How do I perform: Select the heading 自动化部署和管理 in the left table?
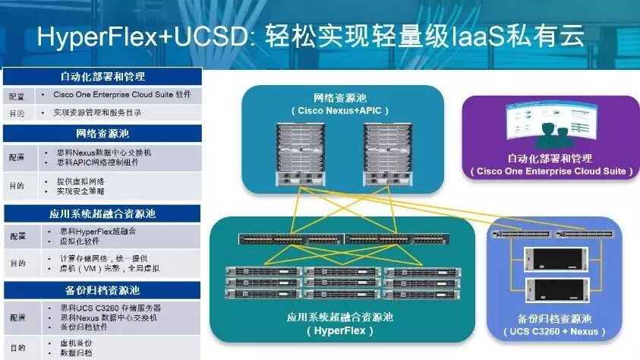tap(102, 77)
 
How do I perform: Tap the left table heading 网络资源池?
tap(102, 134)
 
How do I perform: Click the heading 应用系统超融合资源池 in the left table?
tap(102, 213)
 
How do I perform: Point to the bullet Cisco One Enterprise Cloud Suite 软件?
tap(121, 96)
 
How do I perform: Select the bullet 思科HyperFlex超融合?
tap(96, 231)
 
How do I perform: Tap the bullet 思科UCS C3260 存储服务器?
tap(109, 308)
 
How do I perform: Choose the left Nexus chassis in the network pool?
tap(300, 152)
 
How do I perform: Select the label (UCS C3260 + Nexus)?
tap(555, 331)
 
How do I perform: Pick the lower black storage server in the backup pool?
tap(555, 289)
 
